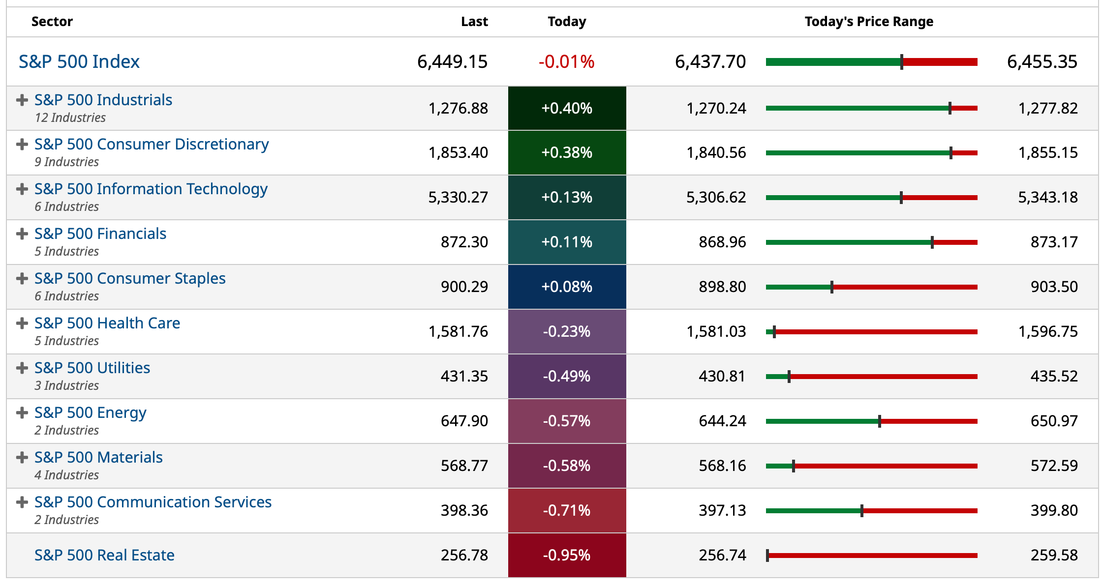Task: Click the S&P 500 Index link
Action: [79, 61]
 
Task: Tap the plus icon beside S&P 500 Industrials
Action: [22, 100]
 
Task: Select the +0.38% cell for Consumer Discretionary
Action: [567, 152]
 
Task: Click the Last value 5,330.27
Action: [458, 197]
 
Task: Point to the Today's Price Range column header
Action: [869, 22]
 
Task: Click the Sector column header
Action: [52, 22]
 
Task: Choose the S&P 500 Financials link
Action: [100, 234]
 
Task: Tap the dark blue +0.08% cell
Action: [567, 287]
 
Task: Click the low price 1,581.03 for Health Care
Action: [716, 331]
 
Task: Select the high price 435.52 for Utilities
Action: [1054, 376]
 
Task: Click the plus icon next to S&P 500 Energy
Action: [22, 412]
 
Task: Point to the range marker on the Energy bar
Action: [880, 421]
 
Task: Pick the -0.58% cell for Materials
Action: [567, 466]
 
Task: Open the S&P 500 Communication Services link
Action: [153, 502]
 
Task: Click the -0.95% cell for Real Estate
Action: [567, 555]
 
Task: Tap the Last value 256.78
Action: [464, 555]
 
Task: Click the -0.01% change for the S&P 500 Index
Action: [567, 61]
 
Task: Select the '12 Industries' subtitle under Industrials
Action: [70, 117]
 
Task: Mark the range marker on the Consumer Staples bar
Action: [832, 287]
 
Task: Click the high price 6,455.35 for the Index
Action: [1042, 61]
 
